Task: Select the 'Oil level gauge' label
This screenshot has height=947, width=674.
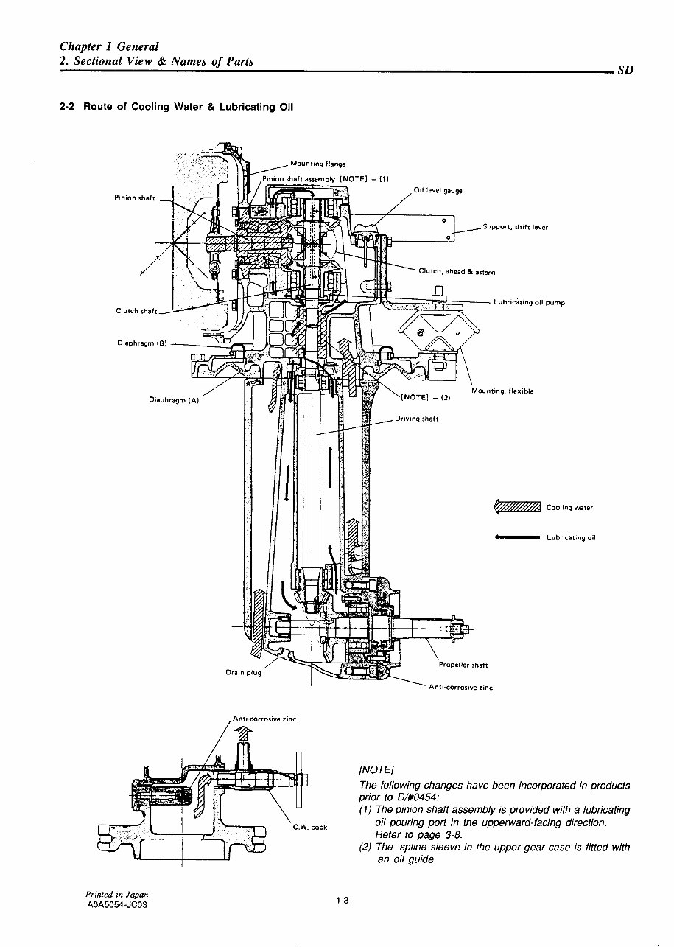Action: (438, 191)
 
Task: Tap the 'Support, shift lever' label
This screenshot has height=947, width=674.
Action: (515, 227)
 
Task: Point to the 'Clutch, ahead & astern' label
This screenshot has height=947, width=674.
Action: (456, 271)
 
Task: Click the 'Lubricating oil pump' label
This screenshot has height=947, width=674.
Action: (529, 303)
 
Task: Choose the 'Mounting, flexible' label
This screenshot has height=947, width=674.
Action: (502, 391)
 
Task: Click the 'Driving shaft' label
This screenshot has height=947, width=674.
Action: (416, 419)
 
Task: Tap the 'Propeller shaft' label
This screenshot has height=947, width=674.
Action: (463, 665)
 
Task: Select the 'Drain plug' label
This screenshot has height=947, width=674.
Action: (242, 673)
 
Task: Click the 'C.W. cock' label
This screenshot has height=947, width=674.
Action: (309, 827)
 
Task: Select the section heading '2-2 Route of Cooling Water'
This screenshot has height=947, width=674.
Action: (176, 106)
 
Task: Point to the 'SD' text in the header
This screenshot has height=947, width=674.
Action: (625, 71)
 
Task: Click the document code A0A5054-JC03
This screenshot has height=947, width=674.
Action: (117, 905)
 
